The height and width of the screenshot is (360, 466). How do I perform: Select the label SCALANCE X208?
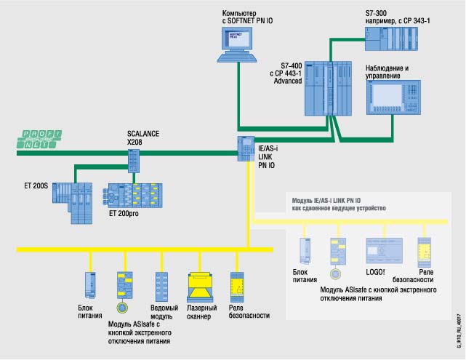pos(142,138)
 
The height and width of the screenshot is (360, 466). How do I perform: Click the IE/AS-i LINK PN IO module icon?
pos(245,148)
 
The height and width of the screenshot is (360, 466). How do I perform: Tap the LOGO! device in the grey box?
pos(383,252)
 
